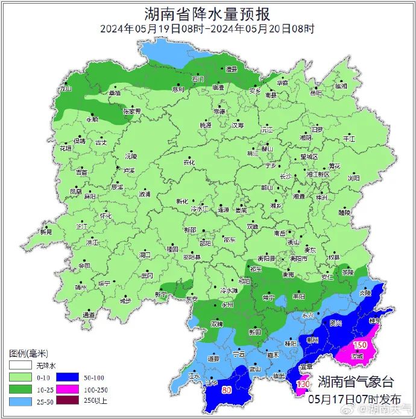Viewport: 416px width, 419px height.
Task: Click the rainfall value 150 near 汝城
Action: (x=360, y=345)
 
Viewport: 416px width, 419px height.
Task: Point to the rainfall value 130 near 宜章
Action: (x=303, y=384)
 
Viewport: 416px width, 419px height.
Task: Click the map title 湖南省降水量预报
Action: (x=207, y=13)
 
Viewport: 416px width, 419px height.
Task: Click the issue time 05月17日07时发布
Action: (x=354, y=399)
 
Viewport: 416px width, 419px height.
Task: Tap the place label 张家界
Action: (x=131, y=112)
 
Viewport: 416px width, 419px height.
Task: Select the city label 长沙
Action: (x=286, y=176)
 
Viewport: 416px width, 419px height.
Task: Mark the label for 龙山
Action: (x=65, y=88)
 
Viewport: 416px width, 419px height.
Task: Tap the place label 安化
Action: (x=189, y=162)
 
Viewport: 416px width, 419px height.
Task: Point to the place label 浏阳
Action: (x=353, y=178)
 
